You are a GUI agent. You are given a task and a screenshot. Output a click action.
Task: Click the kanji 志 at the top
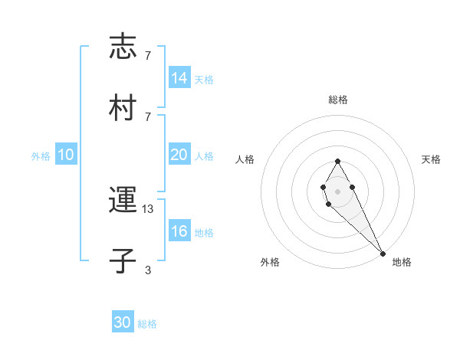tap(123, 47)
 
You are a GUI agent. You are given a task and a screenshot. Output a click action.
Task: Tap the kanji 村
tap(123, 108)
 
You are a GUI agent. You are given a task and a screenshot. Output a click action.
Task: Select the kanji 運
tap(123, 201)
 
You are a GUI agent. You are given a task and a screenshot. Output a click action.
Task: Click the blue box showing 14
tap(179, 78)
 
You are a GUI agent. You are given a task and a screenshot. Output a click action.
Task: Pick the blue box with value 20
tap(179, 155)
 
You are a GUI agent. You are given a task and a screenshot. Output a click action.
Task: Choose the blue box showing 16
tap(179, 231)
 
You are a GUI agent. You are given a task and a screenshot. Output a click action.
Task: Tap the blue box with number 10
tap(66, 155)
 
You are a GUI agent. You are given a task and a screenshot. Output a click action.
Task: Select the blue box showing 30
tap(123, 322)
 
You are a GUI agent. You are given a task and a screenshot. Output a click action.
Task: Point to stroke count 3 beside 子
tap(148, 270)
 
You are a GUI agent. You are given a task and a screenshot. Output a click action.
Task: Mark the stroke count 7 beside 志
tap(148, 55)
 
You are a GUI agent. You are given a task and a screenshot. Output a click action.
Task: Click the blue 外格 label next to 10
tap(41, 156)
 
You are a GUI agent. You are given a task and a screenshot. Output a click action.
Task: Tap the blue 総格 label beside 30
tap(147, 324)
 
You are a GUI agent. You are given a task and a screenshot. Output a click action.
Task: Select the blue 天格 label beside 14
tap(204, 80)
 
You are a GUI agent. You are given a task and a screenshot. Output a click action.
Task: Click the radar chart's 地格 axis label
tap(402, 262)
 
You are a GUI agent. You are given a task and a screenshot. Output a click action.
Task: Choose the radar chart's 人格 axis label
tap(245, 159)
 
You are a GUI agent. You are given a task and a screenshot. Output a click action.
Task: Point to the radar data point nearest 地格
tap(383, 253)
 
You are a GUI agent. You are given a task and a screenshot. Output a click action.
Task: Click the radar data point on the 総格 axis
tap(337, 162)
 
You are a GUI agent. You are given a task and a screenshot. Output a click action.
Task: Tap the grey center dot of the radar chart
tap(337, 190)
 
